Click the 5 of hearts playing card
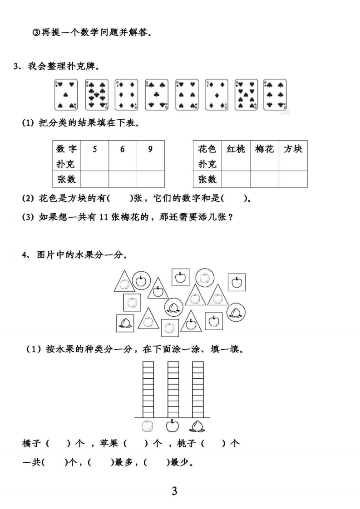(66, 95)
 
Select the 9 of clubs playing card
(97, 95)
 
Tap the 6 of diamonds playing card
(126, 95)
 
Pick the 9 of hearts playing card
(247, 95)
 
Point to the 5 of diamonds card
(217, 95)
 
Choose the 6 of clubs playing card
(275, 95)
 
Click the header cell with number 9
(150, 156)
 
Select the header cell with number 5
(94, 156)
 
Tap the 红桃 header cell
(236, 156)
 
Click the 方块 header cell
(293, 156)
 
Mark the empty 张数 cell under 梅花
(265, 179)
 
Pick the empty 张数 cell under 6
(123, 179)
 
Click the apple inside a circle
(141, 281)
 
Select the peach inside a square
(125, 323)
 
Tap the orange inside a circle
(205, 278)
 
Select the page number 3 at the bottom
(174, 491)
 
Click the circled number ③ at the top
(36, 33)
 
